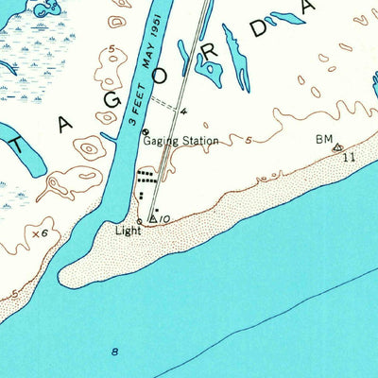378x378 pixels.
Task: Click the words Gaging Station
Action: (x=180, y=141)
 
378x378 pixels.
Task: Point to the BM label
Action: (x=325, y=139)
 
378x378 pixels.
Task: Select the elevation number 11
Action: (x=349, y=156)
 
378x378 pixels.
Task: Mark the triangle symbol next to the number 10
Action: (x=153, y=218)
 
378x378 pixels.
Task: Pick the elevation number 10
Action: (x=164, y=219)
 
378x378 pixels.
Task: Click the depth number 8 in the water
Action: (x=115, y=352)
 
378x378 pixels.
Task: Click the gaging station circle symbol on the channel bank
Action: (x=146, y=131)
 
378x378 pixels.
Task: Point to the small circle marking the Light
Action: (x=139, y=222)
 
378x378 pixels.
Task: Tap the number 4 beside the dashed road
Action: (x=183, y=112)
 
